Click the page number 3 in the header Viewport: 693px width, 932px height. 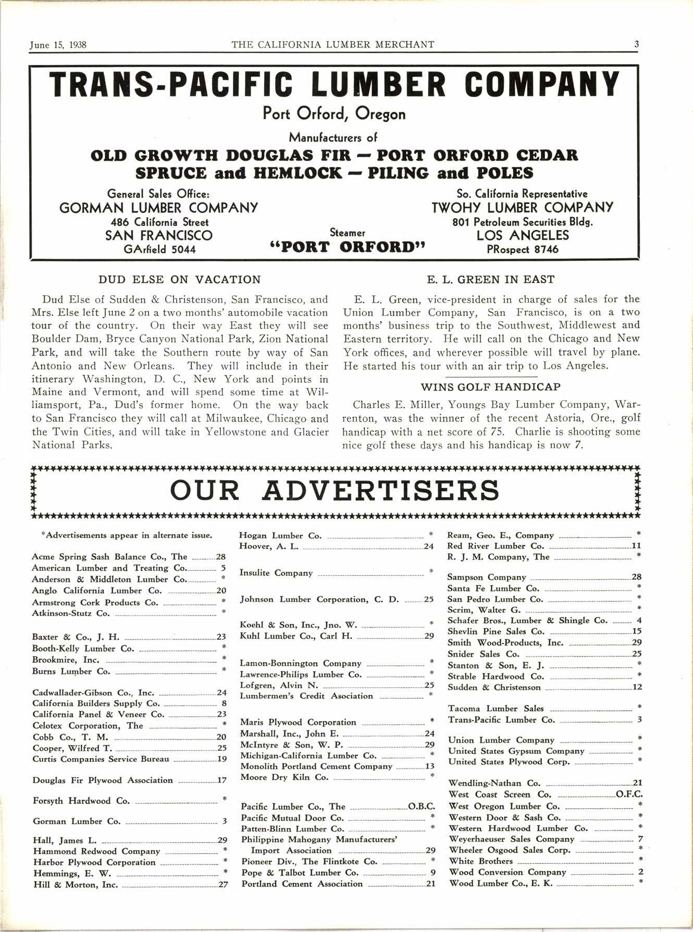click(636, 45)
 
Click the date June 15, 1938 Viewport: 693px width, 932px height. click(58, 45)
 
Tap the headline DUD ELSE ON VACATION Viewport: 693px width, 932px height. click(180, 280)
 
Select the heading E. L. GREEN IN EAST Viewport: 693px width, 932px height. click(491, 280)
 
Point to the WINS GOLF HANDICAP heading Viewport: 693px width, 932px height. click(490, 387)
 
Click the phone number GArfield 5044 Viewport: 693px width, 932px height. click(159, 249)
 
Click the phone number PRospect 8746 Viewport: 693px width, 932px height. click(523, 249)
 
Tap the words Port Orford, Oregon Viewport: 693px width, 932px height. click(335, 114)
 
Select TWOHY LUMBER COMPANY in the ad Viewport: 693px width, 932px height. click(523, 208)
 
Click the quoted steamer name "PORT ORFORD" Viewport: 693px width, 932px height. click(348, 246)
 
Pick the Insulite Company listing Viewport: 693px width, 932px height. click(276, 573)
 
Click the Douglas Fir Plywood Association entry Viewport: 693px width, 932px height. click(103, 780)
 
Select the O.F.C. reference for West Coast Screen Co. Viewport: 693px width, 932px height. click(629, 795)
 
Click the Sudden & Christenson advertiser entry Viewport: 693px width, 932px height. click(494, 688)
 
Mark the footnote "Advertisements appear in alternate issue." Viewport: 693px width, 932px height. click(126, 535)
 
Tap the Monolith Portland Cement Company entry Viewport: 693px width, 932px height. click(316, 766)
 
